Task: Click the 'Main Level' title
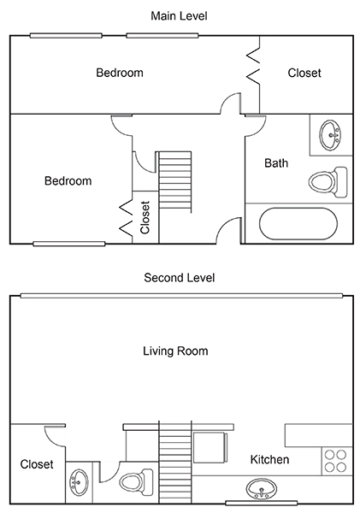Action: (179, 15)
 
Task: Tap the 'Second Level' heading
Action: (180, 278)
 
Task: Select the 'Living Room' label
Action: (175, 351)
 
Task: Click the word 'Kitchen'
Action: (269, 460)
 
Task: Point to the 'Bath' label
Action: (276, 163)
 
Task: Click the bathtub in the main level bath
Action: (298, 223)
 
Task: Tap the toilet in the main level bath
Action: (328, 182)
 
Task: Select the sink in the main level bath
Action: (331, 135)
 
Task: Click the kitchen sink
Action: (261, 489)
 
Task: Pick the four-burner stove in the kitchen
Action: (337, 461)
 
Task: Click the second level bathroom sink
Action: (80, 482)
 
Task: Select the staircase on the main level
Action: (175, 182)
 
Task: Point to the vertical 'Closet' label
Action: (145, 217)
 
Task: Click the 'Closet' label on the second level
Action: (37, 464)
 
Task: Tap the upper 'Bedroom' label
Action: (120, 73)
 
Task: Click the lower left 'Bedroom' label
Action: (68, 181)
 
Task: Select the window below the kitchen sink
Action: (262, 503)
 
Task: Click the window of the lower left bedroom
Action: (69, 244)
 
